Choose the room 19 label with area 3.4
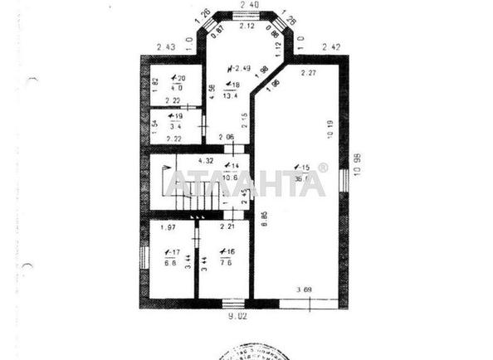[175, 122]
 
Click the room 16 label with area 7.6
[226, 257]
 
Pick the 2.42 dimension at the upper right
[331, 46]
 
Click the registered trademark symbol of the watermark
[324, 168]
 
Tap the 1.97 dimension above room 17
[167, 226]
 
